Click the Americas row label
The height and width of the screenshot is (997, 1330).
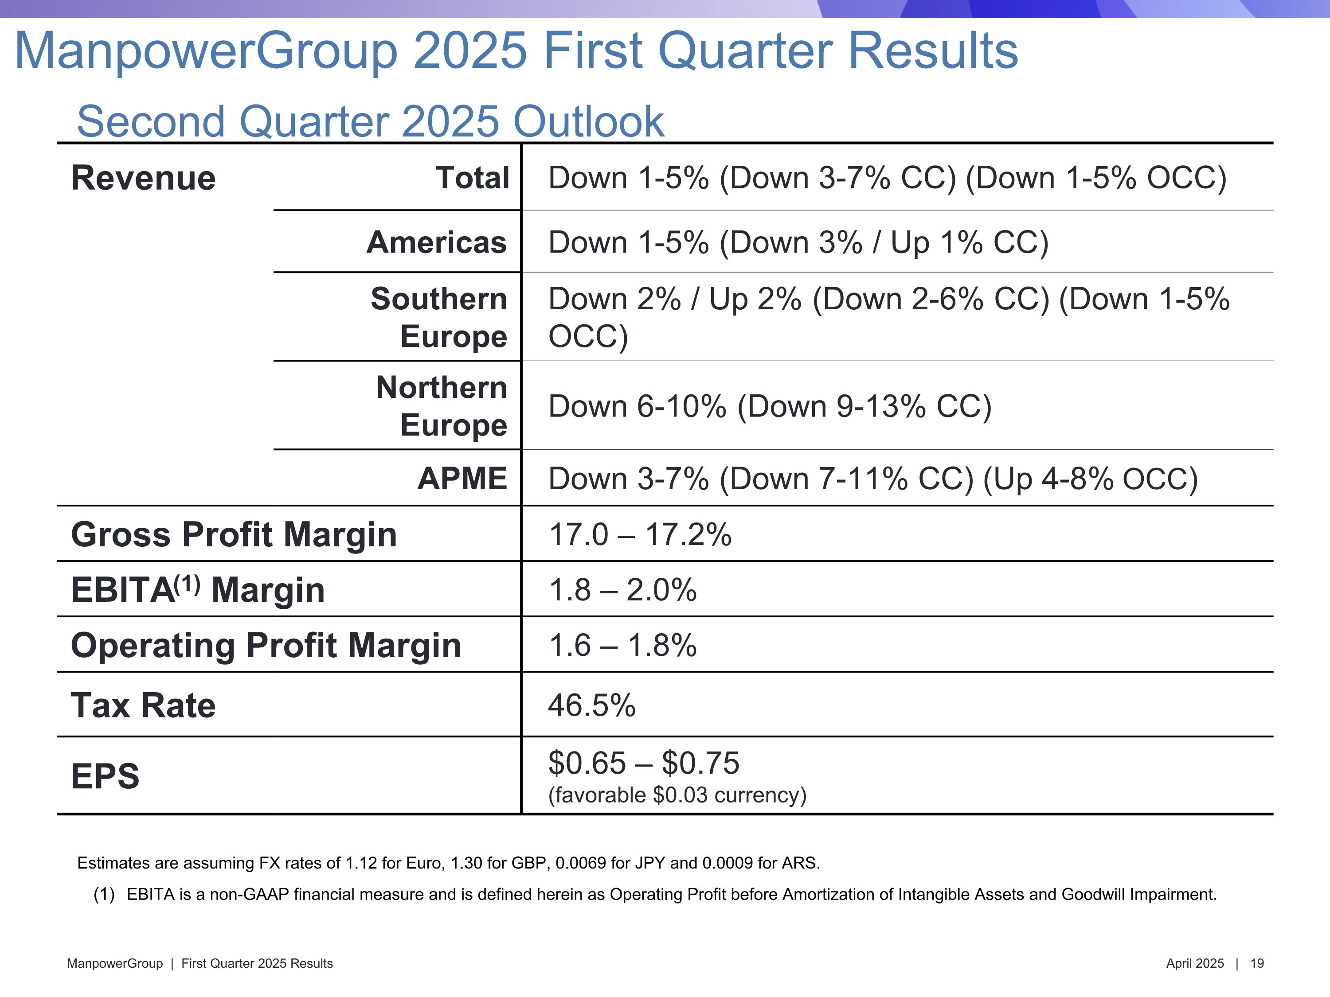(437, 242)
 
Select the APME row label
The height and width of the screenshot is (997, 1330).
(462, 479)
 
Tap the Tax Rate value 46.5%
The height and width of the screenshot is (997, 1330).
(592, 705)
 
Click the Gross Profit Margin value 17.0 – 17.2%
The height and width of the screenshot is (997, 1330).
(640, 534)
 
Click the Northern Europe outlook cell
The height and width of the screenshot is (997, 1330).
(770, 406)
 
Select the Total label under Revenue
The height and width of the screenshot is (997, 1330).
(473, 178)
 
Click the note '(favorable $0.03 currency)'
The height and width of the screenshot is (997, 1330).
(677, 795)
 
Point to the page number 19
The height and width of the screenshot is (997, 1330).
(1257, 963)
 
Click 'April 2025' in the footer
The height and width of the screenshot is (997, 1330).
(1195, 963)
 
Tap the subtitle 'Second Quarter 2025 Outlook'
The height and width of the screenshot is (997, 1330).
(370, 121)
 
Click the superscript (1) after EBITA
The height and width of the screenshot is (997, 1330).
(187, 583)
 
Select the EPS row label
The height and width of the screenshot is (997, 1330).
(105, 776)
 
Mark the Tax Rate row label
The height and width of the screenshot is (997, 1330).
(143, 705)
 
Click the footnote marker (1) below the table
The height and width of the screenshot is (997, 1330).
(104, 894)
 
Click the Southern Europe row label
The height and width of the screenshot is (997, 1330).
(439, 317)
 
